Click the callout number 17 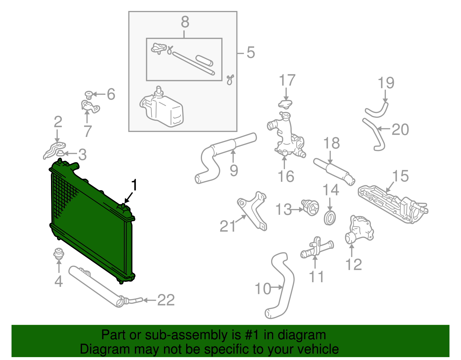[x=287, y=80]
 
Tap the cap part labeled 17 [x=285, y=103]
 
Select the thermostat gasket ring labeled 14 [x=330, y=218]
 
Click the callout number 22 [x=166, y=300]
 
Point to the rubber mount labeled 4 [x=58, y=254]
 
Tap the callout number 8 [x=185, y=22]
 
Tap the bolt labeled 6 [x=89, y=95]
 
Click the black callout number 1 [x=134, y=185]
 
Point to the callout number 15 [x=400, y=176]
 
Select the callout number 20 [x=400, y=129]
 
